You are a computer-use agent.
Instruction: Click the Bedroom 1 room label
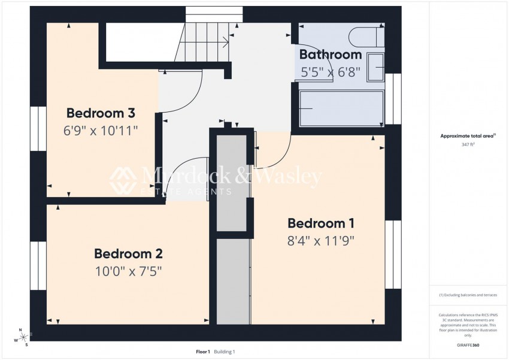point(321,223)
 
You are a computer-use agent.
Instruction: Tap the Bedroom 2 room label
point(128,253)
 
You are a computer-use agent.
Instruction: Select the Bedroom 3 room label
point(101,113)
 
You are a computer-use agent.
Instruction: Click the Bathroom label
point(331,55)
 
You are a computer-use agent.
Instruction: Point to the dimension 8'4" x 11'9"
point(321,241)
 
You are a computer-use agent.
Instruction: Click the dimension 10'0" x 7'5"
point(128,271)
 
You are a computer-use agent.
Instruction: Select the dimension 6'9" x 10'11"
point(101,130)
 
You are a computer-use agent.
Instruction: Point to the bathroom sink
point(375,67)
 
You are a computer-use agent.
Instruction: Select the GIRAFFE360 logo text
point(468,346)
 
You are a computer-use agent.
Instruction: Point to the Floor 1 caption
point(203,352)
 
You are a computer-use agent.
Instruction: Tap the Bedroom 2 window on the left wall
point(38,265)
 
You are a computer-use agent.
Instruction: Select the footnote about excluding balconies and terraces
point(468,295)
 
